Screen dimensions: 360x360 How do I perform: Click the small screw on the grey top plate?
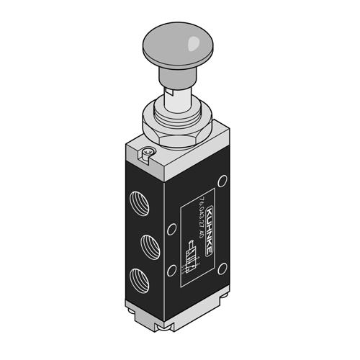tap(147, 152)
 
